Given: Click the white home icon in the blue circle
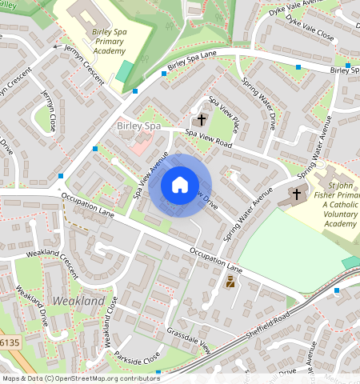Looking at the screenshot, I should coord(180,186).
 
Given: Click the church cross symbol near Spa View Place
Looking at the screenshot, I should coord(202,120).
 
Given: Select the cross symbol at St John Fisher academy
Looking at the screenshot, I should coord(297,194).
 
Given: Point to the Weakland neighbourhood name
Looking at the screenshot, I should coord(78,301).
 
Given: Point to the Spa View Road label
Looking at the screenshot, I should coord(208,138).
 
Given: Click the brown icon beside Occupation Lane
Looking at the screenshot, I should coord(230,282).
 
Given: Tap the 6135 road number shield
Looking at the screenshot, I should coord(9,342).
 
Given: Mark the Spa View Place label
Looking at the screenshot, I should coord(224,114).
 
